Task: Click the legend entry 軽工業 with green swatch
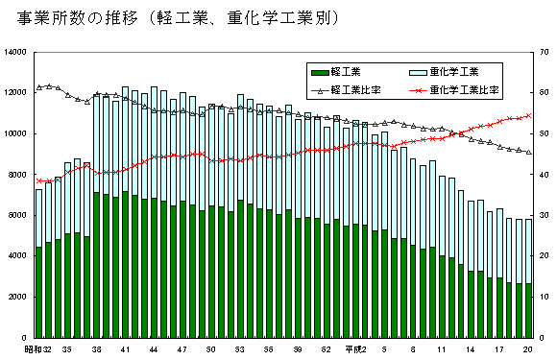tap(336, 72)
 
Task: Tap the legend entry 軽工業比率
tap(346, 90)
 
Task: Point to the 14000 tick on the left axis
tap(16, 52)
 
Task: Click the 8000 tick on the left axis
tap(19, 175)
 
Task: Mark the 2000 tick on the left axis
tap(19, 298)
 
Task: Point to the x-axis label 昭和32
tap(38, 350)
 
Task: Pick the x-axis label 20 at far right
tap(529, 350)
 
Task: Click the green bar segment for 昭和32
tap(39, 293)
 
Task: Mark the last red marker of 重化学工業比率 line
tap(529, 115)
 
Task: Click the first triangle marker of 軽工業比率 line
tap(39, 87)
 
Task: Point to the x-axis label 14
tap(471, 350)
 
